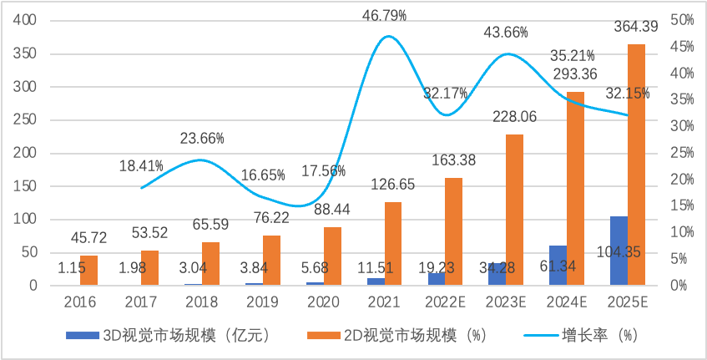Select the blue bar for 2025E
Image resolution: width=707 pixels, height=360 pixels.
pyautogui.click(x=619, y=251)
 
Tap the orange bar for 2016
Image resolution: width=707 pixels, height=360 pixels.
pyautogui.click(x=89, y=271)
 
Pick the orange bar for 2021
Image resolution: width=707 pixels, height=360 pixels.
pyautogui.click(x=393, y=243)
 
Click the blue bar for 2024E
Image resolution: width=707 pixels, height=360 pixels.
pyautogui.click(x=558, y=266)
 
